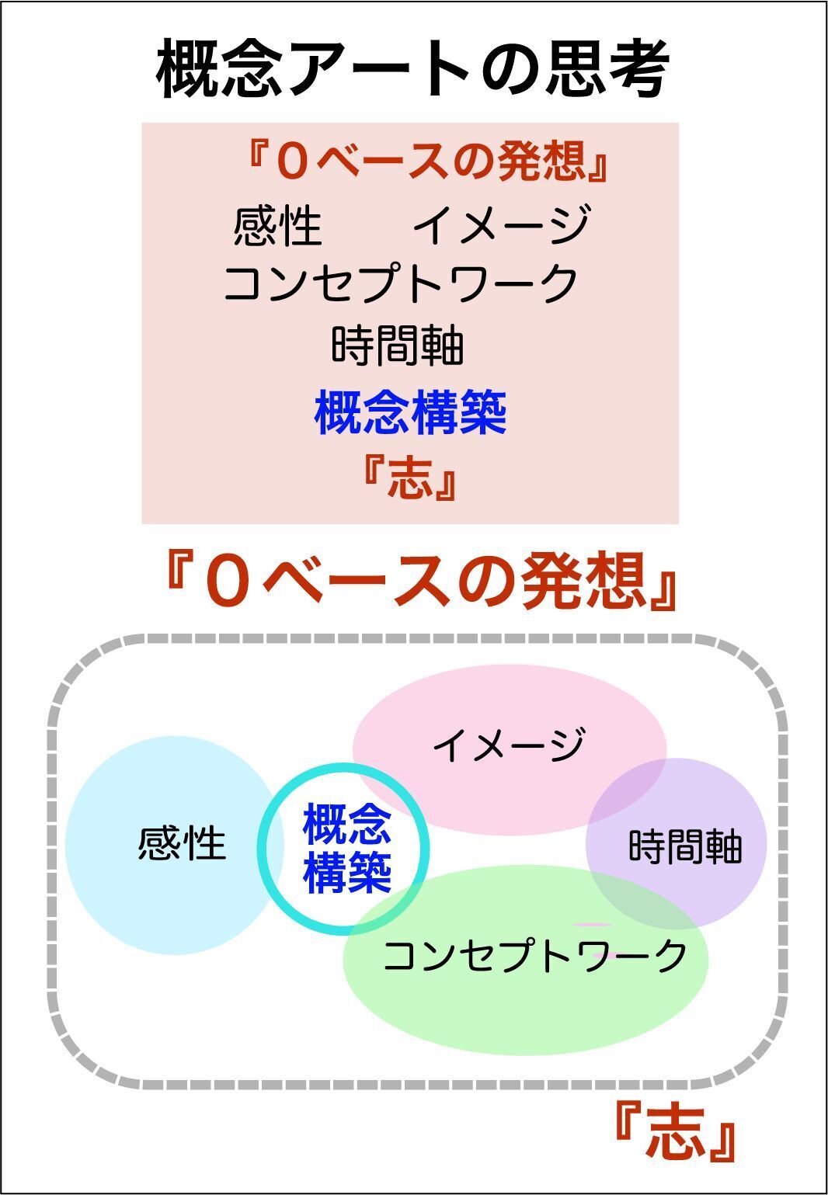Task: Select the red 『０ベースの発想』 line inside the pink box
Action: (425, 162)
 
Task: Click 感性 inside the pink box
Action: (277, 226)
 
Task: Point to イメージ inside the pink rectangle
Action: (500, 224)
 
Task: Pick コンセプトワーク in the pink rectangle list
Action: (401, 283)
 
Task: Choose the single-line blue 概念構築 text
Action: (410, 413)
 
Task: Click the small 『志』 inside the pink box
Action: (409, 477)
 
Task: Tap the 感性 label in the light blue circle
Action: (182, 843)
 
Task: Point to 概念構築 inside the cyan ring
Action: (346, 848)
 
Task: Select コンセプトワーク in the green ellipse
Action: (535, 956)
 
